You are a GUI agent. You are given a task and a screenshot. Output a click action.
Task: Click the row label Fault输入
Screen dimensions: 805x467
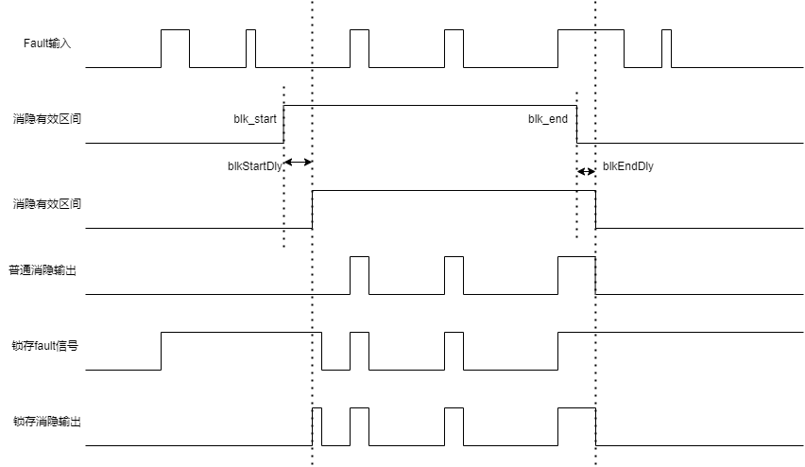click(47, 43)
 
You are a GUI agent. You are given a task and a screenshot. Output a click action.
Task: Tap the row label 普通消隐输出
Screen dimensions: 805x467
click(43, 270)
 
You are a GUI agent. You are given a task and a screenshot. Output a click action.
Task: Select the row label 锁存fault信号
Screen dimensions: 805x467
click(45, 346)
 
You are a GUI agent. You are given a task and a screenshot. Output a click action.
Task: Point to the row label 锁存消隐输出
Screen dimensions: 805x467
click(47, 422)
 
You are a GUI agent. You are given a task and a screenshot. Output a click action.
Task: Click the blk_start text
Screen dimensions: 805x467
click(255, 119)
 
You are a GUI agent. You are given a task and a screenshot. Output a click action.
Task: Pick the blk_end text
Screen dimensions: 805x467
click(548, 119)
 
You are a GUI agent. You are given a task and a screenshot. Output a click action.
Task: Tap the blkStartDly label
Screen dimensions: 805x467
click(255, 166)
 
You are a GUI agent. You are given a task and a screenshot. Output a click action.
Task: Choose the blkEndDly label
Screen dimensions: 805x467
click(628, 166)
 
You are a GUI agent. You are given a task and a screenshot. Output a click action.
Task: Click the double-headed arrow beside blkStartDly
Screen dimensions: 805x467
click(299, 163)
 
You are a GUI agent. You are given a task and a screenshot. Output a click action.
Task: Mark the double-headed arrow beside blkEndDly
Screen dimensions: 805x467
click(587, 172)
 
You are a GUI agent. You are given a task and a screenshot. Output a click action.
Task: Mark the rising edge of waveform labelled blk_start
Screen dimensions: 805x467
click(283, 125)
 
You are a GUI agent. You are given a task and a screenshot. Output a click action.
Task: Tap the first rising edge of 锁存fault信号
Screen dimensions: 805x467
click(162, 351)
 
